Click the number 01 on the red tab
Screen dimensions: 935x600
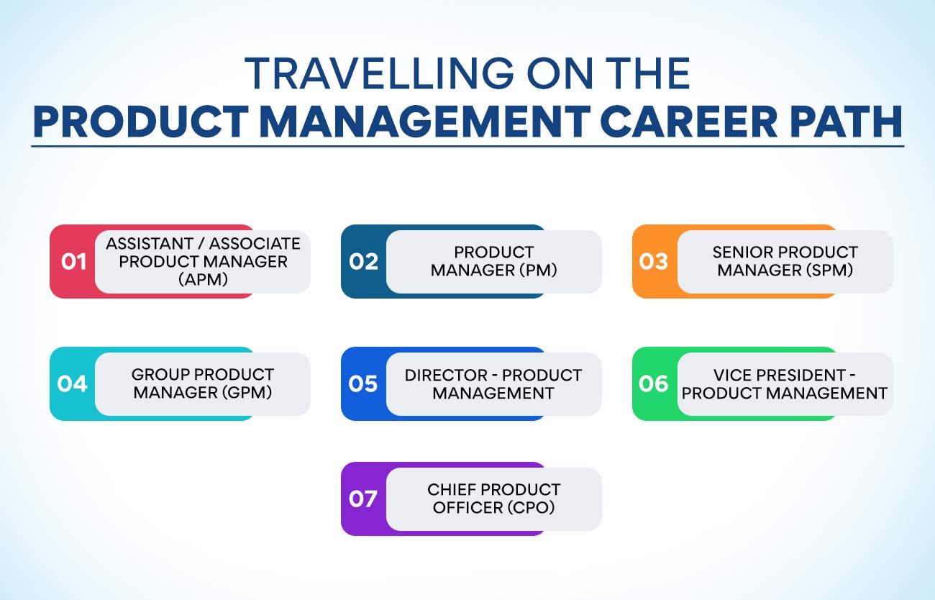[x=73, y=262]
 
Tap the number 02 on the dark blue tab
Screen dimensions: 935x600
[x=363, y=262]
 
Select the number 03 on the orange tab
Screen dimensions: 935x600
[x=653, y=262]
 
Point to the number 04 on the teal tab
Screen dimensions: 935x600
[x=72, y=383]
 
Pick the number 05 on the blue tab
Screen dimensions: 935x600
[x=362, y=383]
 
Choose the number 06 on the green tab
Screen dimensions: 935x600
[x=653, y=383]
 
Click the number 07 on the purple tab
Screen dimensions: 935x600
[x=362, y=499]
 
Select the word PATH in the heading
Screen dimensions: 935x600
[x=846, y=122]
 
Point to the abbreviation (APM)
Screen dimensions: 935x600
[x=203, y=279]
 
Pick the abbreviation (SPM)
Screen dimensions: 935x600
[x=829, y=271]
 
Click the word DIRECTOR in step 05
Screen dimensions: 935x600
[x=446, y=376]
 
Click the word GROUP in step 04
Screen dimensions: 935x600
[x=161, y=375]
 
